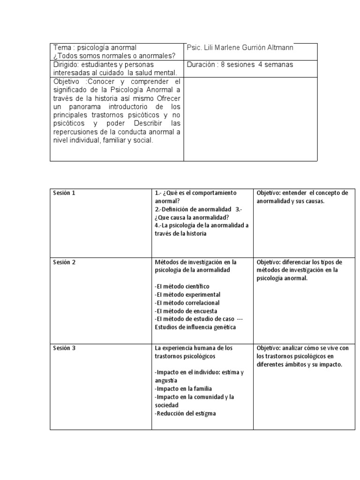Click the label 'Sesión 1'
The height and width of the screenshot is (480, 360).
click(64, 193)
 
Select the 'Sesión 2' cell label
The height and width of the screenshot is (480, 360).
click(64, 262)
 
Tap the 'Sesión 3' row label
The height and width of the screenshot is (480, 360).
click(64, 348)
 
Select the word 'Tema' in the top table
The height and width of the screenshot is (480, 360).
click(62, 48)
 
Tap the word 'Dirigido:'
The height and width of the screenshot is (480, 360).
click(67, 64)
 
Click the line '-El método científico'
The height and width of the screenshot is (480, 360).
click(182, 286)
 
